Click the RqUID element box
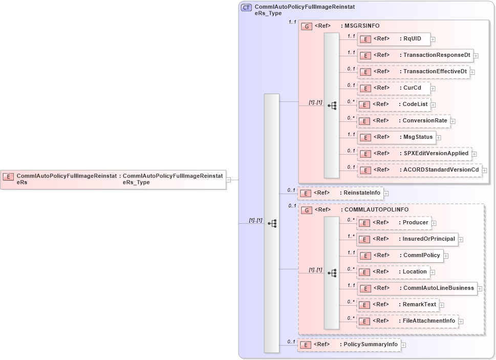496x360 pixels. [x=393, y=38]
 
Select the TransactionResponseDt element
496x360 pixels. [x=415, y=55]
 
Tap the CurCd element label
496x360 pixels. [x=412, y=88]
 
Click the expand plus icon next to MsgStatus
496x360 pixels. [x=439, y=138]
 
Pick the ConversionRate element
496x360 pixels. [x=403, y=121]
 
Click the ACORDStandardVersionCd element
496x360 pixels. [x=419, y=170]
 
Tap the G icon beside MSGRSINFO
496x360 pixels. [x=307, y=26]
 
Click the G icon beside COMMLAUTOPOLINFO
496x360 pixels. [x=307, y=210]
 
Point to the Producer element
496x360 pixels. [x=393, y=223]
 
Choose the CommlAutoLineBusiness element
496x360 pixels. [x=417, y=288]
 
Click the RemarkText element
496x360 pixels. [x=397, y=305]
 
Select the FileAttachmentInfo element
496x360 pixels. [x=407, y=321]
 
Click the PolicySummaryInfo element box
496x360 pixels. [x=349, y=345]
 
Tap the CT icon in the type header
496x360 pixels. [x=246, y=8]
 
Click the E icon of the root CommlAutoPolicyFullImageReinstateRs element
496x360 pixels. [x=8, y=177]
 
